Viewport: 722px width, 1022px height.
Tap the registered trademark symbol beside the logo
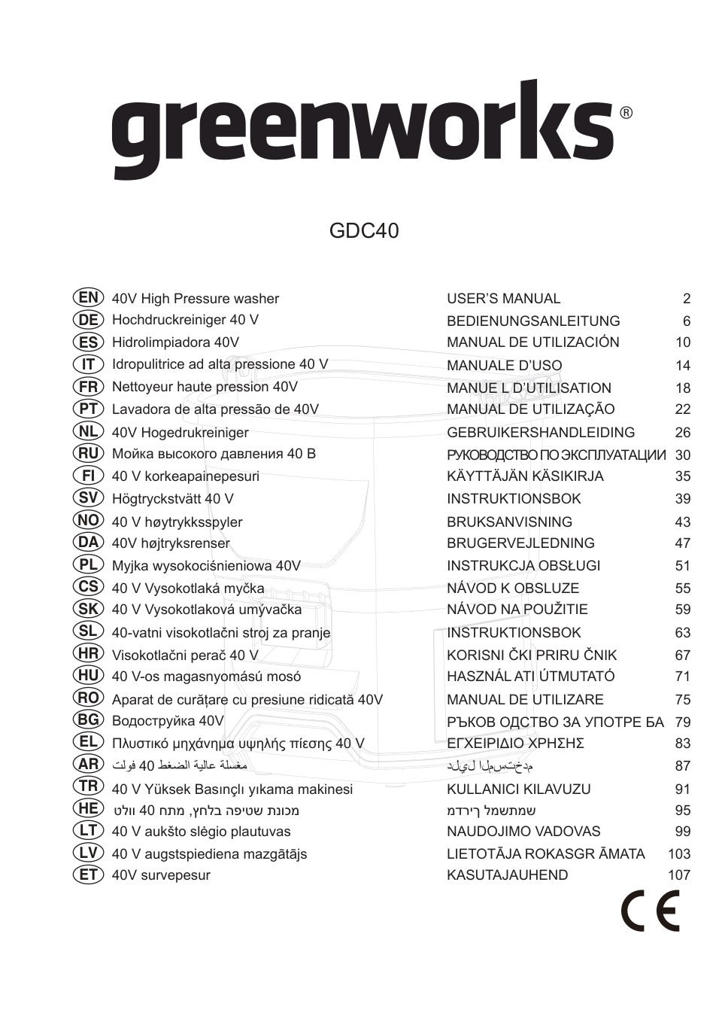[x=626, y=113]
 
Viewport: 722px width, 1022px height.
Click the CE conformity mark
[x=651, y=910]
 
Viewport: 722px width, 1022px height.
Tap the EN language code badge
[x=88, y=298]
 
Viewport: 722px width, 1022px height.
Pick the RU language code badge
[x=88, y=454]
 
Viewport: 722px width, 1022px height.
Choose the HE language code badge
[x=88, y=809]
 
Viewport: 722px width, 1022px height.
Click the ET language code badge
[x=88, y=874]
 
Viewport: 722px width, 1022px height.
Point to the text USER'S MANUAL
[x=503, y=299]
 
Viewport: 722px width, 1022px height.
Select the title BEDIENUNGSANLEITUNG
[x=533, y=321]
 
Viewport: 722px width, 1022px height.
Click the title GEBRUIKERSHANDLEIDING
[x=541, y=433]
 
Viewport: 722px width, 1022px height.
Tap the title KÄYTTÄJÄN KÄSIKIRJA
[x=525, y=476]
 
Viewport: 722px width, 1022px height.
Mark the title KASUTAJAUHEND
[x=508, y=875]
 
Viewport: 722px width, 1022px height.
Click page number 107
[x=678, y=875]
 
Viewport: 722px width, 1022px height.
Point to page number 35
[x=683, y=476]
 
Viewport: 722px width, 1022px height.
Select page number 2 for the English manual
[x=687, y=299]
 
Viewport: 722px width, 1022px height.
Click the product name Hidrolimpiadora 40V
[x=175, y=342]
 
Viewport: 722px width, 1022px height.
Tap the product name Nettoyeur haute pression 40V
[x=205, y=387]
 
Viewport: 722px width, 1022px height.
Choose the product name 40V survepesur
[x=161, y=875]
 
